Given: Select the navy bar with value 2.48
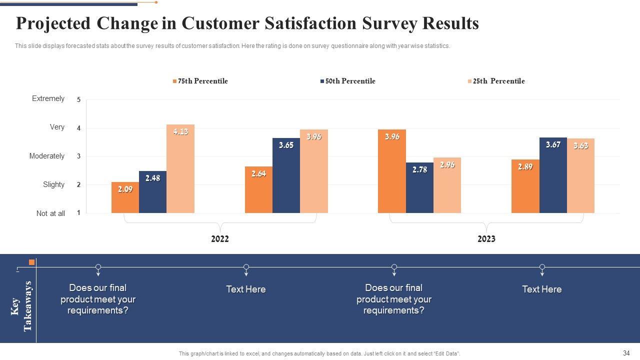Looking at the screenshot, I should pos(152,192).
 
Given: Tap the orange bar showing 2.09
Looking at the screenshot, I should pos(125,197).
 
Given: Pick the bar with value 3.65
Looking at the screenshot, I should pos(286,175).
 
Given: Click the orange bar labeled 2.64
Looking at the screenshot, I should pos(258,189).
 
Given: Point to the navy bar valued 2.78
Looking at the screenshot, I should pos(419,187).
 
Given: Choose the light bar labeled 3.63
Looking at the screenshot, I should pos(580,175).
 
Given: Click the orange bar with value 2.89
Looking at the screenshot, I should pos(525,186).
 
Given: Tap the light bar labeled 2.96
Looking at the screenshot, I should pos(447,185).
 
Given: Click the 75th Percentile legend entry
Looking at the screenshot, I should pos(200,81).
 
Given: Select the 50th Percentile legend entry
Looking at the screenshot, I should pos(348,81).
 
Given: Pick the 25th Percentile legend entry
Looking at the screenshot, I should pos(496,81).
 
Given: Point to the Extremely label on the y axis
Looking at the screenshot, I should pos(48,98).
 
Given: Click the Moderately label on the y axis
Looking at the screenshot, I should pos(47,156).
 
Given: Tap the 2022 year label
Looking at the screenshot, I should pos(220,239).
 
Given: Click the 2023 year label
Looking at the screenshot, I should pos(486,239).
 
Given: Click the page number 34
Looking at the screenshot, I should pos(626,353).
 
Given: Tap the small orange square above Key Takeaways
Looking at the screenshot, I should pos(32,262).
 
